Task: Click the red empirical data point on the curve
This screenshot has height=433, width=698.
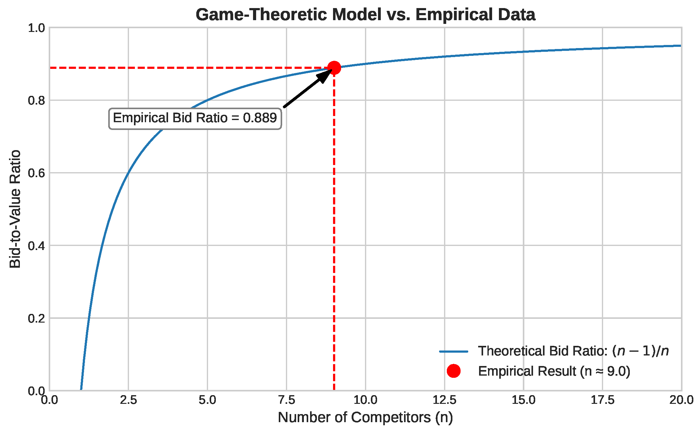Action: [x=334, y=67]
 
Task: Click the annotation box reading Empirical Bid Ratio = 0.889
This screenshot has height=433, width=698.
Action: [x=195, y=118]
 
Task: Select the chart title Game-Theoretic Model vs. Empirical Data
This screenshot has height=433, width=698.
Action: [x=365, y=15]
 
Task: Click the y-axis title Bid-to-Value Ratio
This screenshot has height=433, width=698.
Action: [x=15, y=209]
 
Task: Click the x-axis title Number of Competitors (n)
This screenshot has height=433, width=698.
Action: [x=365, y=417]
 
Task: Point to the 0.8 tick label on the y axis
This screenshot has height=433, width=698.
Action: [x=36, y=100]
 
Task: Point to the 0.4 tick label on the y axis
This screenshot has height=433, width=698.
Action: [x=36, y=246]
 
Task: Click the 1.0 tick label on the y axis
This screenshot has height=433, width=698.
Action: [x=36, y=28]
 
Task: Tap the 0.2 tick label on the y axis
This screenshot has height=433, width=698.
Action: [x=36, y=318]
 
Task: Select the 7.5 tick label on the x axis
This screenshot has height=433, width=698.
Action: [x=286, y=400]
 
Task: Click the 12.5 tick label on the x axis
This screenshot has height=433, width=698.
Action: [x=444, y=400]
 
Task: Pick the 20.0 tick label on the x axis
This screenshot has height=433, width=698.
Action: [x=681, y=400]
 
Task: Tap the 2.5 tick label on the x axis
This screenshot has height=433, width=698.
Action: [x=128, y=400]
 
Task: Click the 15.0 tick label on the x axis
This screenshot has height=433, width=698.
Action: [x=523, y=400]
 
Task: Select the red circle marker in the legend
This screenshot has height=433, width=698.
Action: [x=453, y=371]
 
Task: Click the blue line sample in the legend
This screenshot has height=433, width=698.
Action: [x=453, y=351]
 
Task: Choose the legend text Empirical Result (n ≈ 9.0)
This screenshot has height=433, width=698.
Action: [x=554, y=371]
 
